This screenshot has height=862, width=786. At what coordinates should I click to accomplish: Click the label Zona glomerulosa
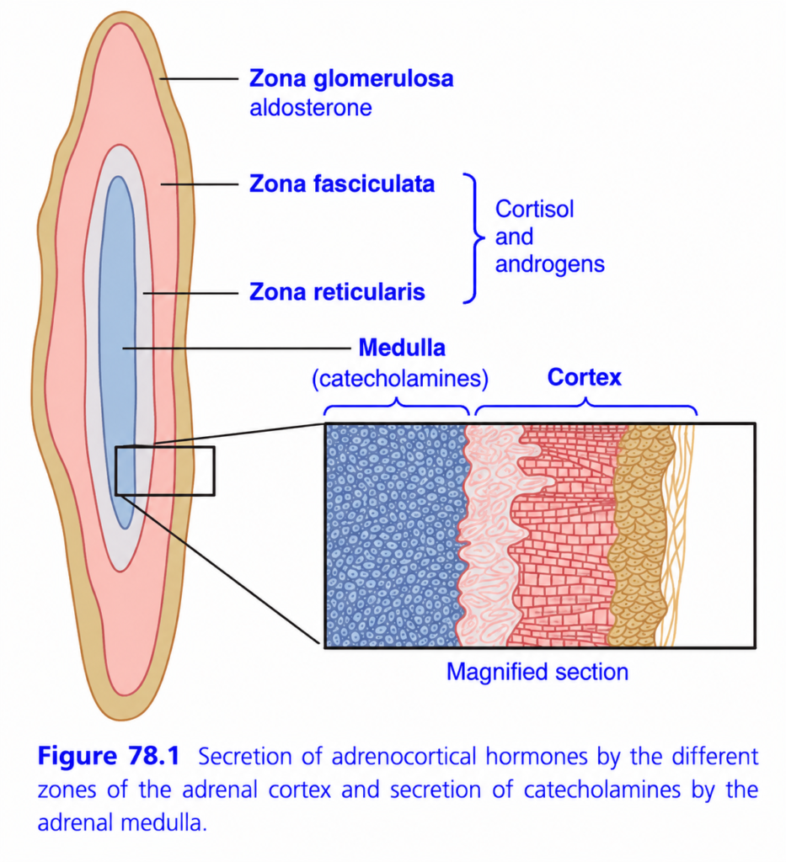click(351, 78)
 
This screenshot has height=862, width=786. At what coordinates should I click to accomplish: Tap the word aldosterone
click(311, 108)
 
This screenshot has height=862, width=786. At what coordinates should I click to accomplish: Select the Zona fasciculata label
click(341, 184)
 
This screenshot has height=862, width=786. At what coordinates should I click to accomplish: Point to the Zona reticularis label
click(337, 292)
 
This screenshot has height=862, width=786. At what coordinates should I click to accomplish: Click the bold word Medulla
click(402, 348)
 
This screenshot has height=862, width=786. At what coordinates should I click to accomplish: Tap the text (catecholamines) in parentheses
click(400, 379)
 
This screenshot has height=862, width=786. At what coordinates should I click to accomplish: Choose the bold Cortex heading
click(584, 377)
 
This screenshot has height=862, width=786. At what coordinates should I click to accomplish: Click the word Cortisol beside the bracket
click(535, 209)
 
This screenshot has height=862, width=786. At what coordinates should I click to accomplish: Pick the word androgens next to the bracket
click(550, 265)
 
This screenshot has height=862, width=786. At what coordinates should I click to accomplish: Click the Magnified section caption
click(537, 672)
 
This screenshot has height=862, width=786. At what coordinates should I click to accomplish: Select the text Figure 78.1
click(109, 756)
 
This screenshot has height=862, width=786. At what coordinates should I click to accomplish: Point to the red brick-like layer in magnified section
click(566, 535)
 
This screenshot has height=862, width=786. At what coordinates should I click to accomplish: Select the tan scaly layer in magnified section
click(641, 535)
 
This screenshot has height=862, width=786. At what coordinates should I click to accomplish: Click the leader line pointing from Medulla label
click(237, 348)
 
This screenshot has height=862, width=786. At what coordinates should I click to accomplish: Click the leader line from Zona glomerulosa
click(199, 78)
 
